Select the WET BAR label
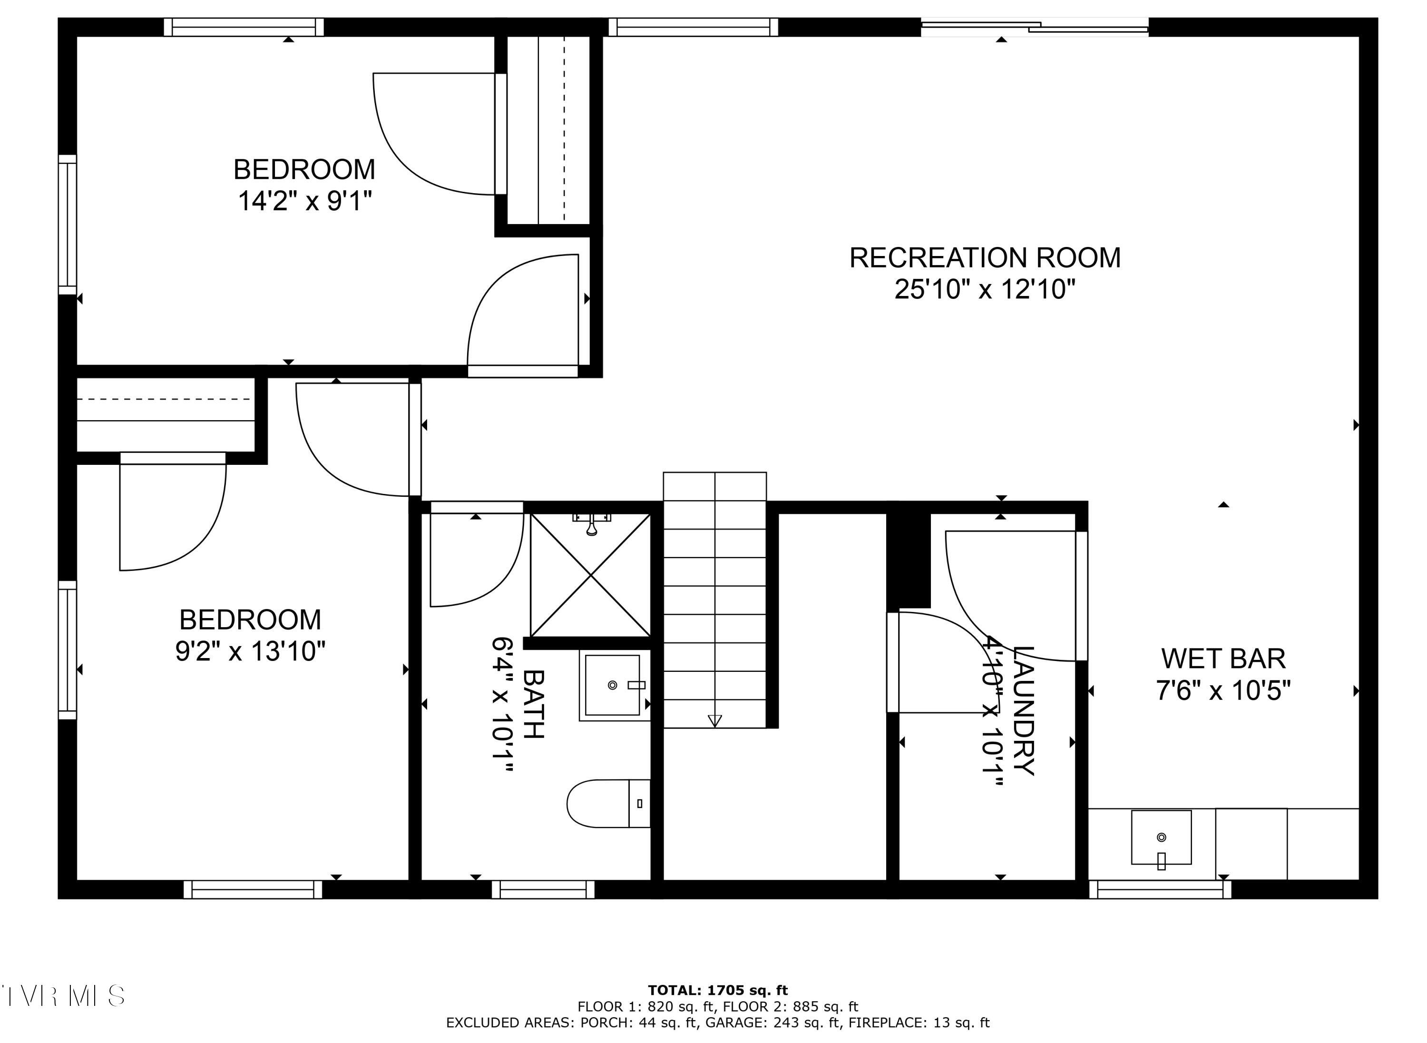(1222, 659)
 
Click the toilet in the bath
(607, 803)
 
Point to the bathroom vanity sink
(612, 685)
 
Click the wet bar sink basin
(1161, 837)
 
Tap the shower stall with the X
(590, 575)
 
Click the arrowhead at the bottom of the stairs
(714, 720)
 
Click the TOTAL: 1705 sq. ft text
(718, 990)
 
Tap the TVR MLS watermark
(63, 995)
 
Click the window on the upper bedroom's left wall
(68, 224)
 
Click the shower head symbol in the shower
(591, 524)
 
